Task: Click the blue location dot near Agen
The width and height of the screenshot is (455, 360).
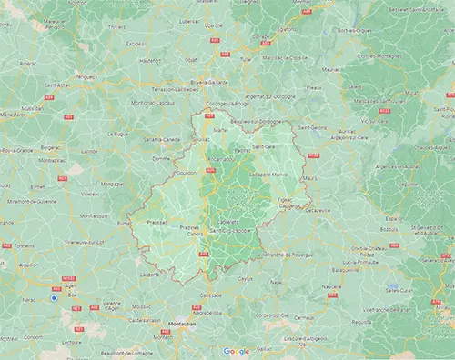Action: click(55, 296)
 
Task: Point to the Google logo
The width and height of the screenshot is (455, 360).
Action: click(236, 351)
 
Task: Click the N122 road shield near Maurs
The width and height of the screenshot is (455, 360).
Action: click(313, 155)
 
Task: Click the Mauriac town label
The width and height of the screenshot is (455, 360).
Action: click(330, 67)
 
